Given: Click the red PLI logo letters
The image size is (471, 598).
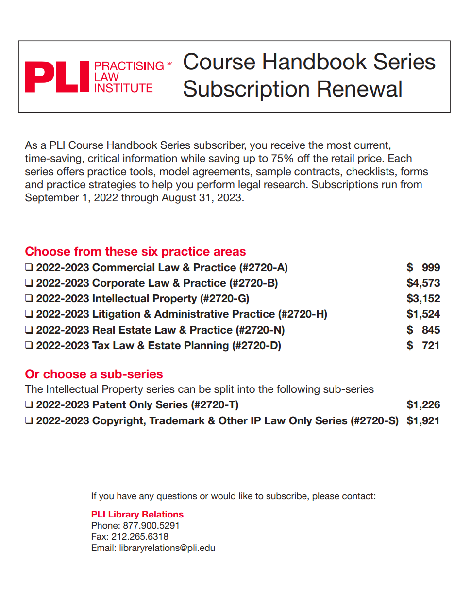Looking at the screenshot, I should [57, 77].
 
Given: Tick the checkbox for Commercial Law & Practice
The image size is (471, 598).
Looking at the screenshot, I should [30, 267].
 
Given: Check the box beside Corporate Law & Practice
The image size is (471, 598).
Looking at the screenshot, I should [30, 283].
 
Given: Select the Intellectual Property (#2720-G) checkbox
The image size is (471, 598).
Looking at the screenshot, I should [30, 298].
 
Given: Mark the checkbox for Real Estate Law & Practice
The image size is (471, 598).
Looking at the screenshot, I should [30, 330].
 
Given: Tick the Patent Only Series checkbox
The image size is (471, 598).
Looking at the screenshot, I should [30, 404].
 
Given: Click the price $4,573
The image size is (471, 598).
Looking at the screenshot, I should [423, 283].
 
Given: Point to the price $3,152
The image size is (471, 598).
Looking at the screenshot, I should [423, 298].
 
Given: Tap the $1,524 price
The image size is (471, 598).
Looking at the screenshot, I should [423, 314].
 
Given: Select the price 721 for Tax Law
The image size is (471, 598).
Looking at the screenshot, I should [430, 345].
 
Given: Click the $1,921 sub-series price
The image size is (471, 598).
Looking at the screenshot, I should [423, 420].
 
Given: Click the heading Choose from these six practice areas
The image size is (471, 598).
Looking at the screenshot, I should [135, 251].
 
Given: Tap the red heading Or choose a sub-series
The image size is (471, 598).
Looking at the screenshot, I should [94, 374].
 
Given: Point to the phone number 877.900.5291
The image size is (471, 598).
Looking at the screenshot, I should [151, 525].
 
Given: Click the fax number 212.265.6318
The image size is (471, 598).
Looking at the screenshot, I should [140, 536].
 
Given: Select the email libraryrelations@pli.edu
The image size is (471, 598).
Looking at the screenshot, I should [167, 548].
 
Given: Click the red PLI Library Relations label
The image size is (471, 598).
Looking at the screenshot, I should [137, 514].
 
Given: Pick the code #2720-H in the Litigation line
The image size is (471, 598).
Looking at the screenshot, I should [302, 314].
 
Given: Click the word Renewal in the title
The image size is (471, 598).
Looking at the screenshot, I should [360, 89].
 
